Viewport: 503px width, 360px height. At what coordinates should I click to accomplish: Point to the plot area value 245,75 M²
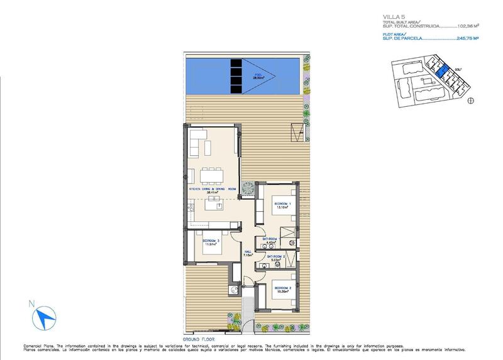pos(467,38)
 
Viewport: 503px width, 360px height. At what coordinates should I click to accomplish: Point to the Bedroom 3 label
pos(210,241)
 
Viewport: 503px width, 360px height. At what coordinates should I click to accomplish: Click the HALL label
pos(248,253)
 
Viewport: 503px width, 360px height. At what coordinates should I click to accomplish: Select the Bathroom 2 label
pos(277,257)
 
